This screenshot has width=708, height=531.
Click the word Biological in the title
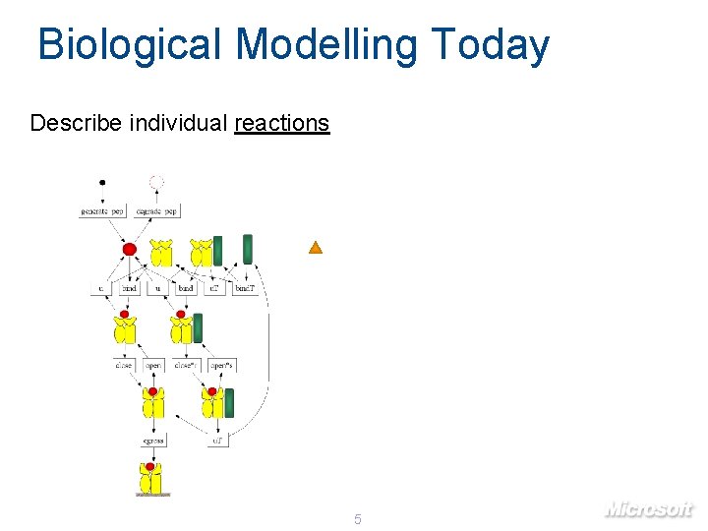click(132, 45)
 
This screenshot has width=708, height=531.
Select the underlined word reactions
click(281, 123)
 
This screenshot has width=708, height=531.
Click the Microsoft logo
click(648, 508)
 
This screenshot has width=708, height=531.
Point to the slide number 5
click(358, 518)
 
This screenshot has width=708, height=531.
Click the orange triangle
click(316, 248)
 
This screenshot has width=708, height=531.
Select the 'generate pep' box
click(103, 210)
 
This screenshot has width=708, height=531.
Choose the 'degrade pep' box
click(156, 210)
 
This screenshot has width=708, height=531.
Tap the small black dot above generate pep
click(102, 182)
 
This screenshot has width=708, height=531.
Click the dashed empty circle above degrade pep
click(156, 182)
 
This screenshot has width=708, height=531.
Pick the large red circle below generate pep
click(129, 250)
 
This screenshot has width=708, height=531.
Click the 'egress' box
click(152, 440)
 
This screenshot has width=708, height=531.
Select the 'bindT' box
click(245, 288)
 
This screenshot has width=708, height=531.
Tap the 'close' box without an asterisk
click(124, 365)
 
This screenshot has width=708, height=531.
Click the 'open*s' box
click(221, 365)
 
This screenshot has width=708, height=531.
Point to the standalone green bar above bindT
click(248, 250)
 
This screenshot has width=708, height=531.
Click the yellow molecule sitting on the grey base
click(151, 480)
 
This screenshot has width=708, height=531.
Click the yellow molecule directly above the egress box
click(152, 403)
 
